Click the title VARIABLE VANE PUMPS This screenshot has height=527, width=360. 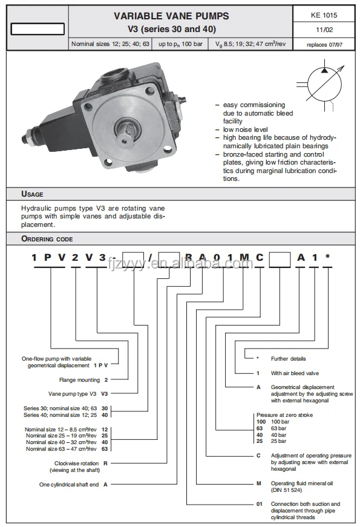pyautogui.click(x=171, y=16)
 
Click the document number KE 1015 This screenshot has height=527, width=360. pyautogui.click(x=324, y=15)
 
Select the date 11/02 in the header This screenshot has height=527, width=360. pyautogui.click(x=324, y=30)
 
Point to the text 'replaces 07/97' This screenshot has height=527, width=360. pyautogui.click(x=324, y=45)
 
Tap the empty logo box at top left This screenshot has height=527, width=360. pyautogui.click(x=38, y=29)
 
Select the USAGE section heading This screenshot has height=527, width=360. pyautogui.click(x=32, y=194)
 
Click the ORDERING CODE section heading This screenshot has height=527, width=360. pyautogui.click(x=47, y=239)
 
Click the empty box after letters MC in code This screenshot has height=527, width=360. pyautogui.click(x=280, y=260)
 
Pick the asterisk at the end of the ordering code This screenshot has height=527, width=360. pyautogui.click(x=327, y=257)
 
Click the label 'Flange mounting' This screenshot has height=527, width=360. pyautogui.click(x=80, y=380)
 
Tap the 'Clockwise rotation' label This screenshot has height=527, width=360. pyautogui.click(x=77, y=463)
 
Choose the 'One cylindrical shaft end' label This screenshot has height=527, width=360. pyautogui.click(x=69, y=485)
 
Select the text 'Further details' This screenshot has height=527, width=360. pyautogui.click(x=289, y=359)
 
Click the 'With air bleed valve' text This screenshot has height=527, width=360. pyautogui.click(x=295, y=373)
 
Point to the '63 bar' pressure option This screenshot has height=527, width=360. pyautogui.click(x=279, y=428)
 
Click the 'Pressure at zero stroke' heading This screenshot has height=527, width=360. pyautogui.click(x=285, y=415)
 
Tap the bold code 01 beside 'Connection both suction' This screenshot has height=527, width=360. pyautogui.click(x=259, y=504)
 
